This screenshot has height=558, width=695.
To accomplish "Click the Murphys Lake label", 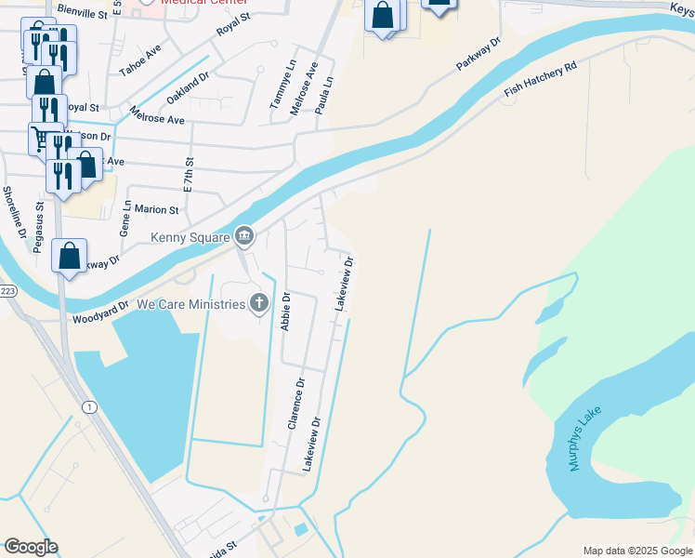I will click(579, 443).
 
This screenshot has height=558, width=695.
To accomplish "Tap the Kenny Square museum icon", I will click(244, 237).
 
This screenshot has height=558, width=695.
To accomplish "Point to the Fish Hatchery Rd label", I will click(541, 80).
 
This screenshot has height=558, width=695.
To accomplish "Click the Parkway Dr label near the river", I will click(479, 55).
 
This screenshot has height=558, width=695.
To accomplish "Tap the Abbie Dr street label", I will click(286, 312).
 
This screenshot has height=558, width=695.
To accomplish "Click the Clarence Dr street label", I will click(296, 403).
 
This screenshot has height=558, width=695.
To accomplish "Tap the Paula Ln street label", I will click(324, 94).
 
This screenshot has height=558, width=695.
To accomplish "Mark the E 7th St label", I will click(189, 174).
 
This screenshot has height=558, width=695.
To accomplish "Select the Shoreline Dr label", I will click(13, 212).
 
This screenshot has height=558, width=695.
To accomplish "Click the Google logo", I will click(31, 547).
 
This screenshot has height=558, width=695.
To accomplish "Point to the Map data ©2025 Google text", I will click(637, 551).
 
